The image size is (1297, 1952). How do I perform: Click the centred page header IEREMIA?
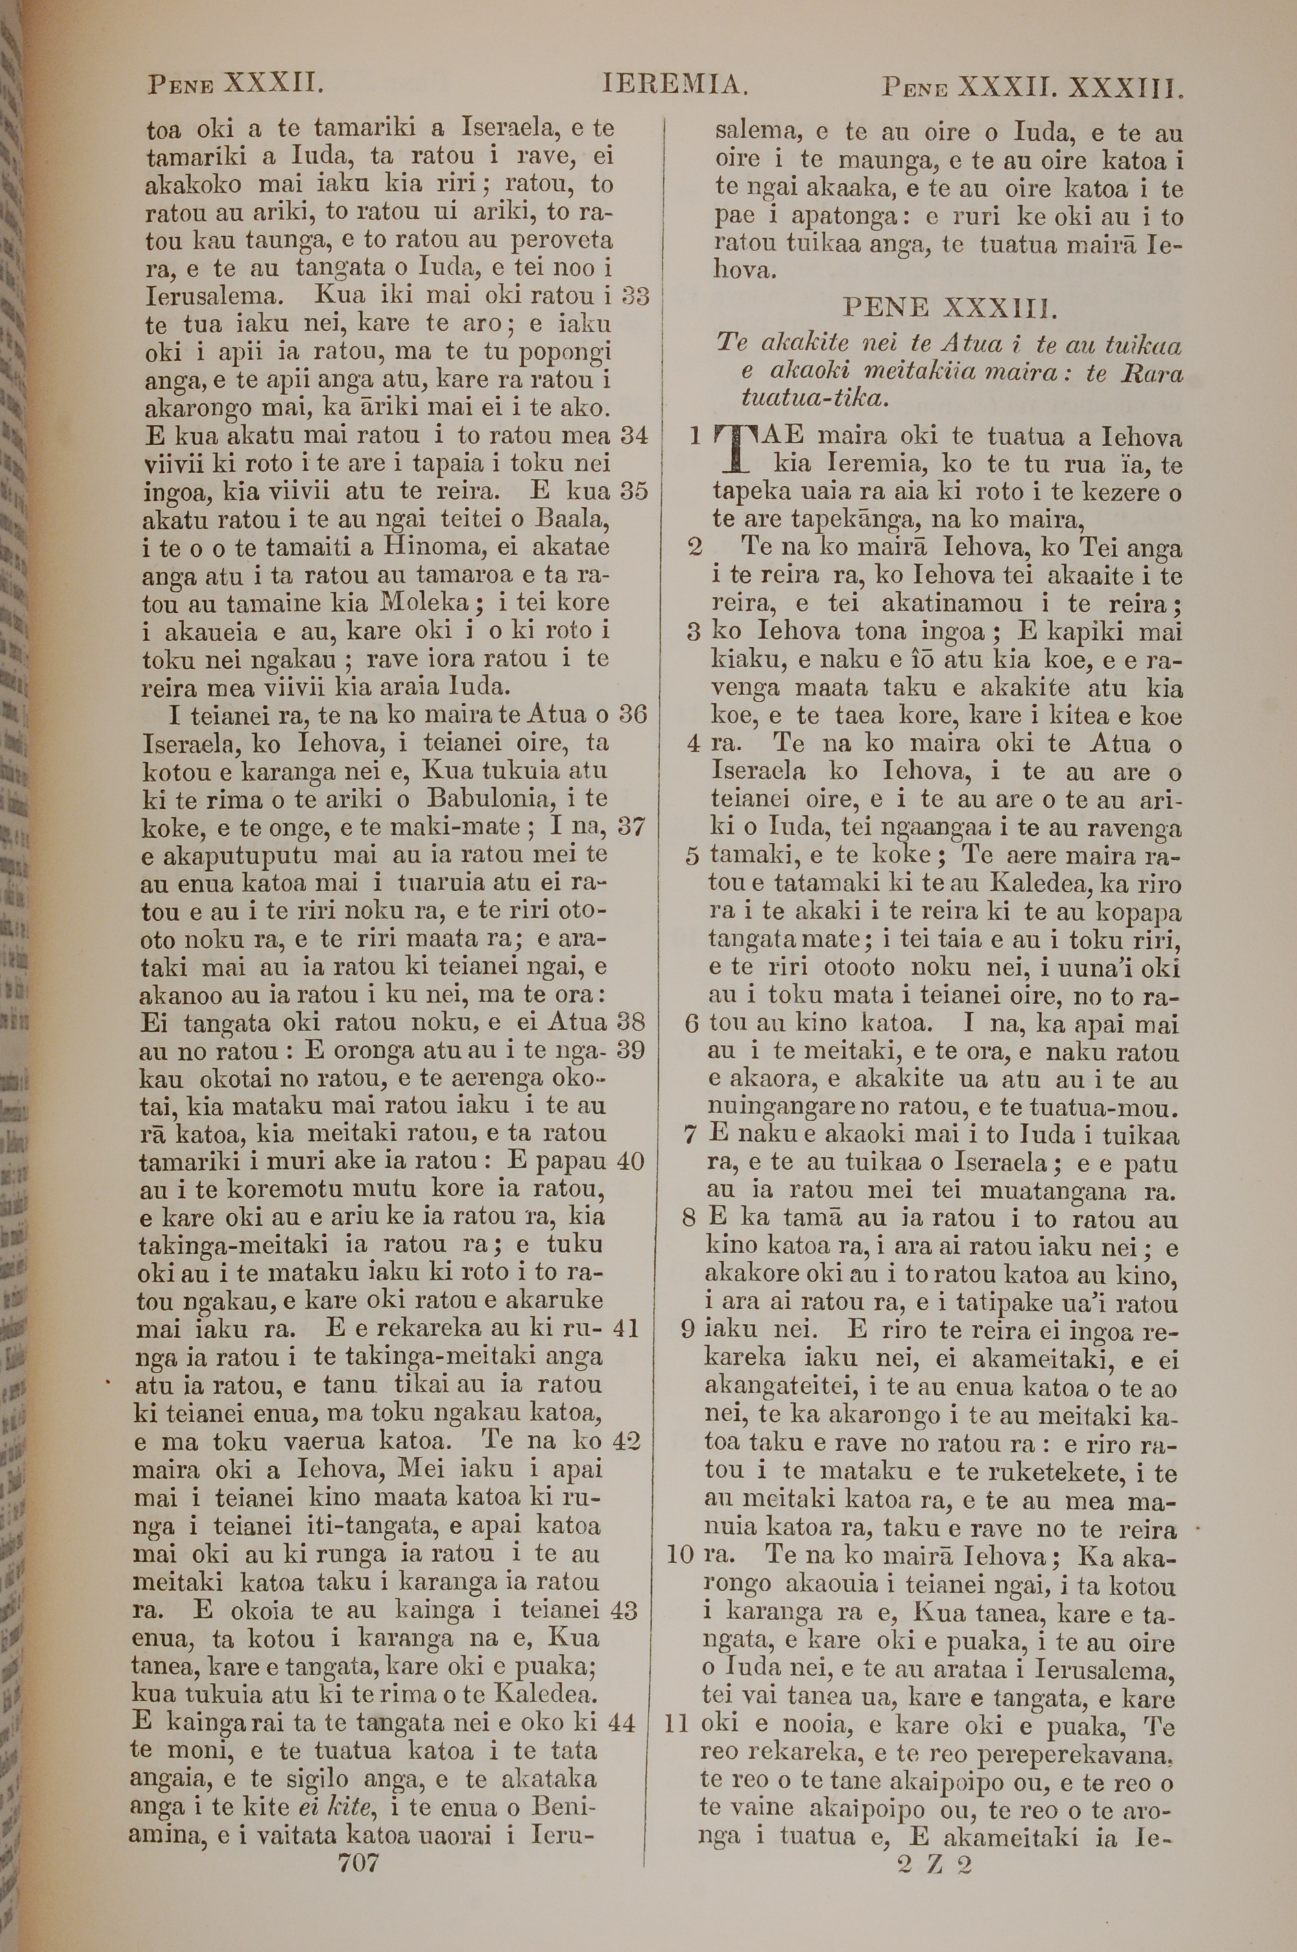[x=676, y=84]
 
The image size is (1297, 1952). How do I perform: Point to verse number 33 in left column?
[x=634, y=295]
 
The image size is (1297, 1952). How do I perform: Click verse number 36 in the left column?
[x=633, y=713]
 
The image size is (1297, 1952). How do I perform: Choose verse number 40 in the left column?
[x=630, y=1161]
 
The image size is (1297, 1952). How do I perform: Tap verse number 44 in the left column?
[x=621, y=1723]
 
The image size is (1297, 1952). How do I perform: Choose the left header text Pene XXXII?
[x=233, y=84]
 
